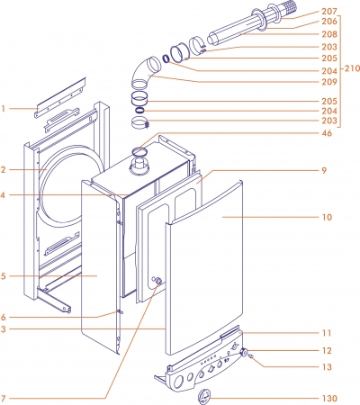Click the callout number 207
click(329, 12)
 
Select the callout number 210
click(352, 68)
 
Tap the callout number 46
click(327, 133)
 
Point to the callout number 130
click(329, 399)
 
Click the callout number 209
click(329, 82)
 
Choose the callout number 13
click(327, 367)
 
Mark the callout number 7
click(4, 399)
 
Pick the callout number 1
click(4, 109)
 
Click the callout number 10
click(327, 217)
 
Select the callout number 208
click(329, 34)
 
